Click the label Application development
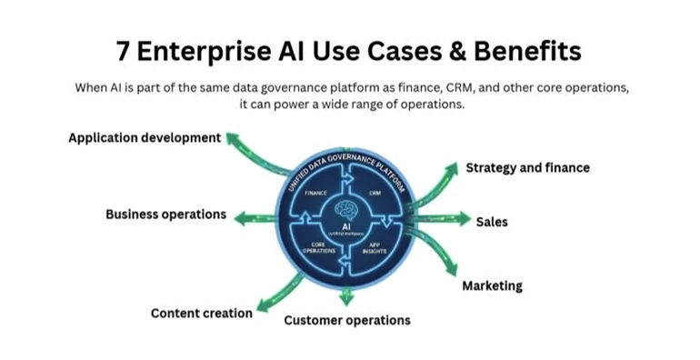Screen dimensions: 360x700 pyautogui.click(x=145, y=138)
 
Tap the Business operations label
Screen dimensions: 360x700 pyautogui.click(x=165, y=215)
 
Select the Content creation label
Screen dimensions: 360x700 pyautogui.click(x=201, y=314)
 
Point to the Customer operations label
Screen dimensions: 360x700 pyautogui.click(x=346, y=320)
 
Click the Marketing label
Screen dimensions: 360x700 pyautogui.click(x=492, y=285)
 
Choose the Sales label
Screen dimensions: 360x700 pyautogui.click(x=492, y=221)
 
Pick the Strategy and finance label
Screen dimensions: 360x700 pyautogui.click(x=527, y=167)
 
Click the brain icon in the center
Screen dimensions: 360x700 pyautogui.click(x=345, y=208)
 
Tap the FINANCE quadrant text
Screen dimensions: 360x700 pyautogui.click(x=316, y=194)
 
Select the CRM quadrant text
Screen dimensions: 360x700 pyautogui.click(x=375, y=194)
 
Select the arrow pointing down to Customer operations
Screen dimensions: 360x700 pyautogui.click(x=345, y=296)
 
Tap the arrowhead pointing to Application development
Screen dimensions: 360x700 pyautogui.click(x=233, y=137)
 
